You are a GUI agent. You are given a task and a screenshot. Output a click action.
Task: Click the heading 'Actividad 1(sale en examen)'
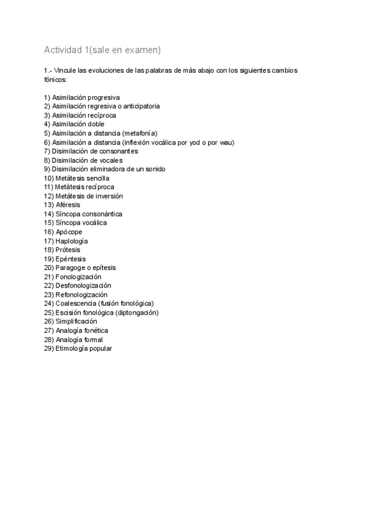click(102, 49)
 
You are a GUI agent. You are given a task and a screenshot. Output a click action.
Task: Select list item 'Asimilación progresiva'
click(86, 97)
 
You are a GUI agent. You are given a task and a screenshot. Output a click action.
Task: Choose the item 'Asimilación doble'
click(78, 124)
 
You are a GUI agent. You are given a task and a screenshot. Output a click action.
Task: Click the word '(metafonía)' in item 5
click(140, 133)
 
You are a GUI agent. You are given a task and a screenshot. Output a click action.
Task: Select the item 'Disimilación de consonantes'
click(95, 151)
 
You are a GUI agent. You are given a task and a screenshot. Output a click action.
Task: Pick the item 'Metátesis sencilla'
click(82, 178)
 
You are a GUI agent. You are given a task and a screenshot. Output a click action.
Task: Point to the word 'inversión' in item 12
click(109, 196)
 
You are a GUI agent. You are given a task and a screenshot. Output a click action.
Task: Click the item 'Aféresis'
click(67, 204)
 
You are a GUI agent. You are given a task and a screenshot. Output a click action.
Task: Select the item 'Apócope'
click(69, 232)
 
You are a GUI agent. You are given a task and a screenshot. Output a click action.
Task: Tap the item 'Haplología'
click(71, 241)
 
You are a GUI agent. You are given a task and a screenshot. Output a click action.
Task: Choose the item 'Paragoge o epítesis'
click(85, 267)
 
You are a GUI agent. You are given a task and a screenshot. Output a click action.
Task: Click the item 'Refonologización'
click(81, 294)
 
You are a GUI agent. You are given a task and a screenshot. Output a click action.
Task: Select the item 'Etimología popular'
click(83, 348)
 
